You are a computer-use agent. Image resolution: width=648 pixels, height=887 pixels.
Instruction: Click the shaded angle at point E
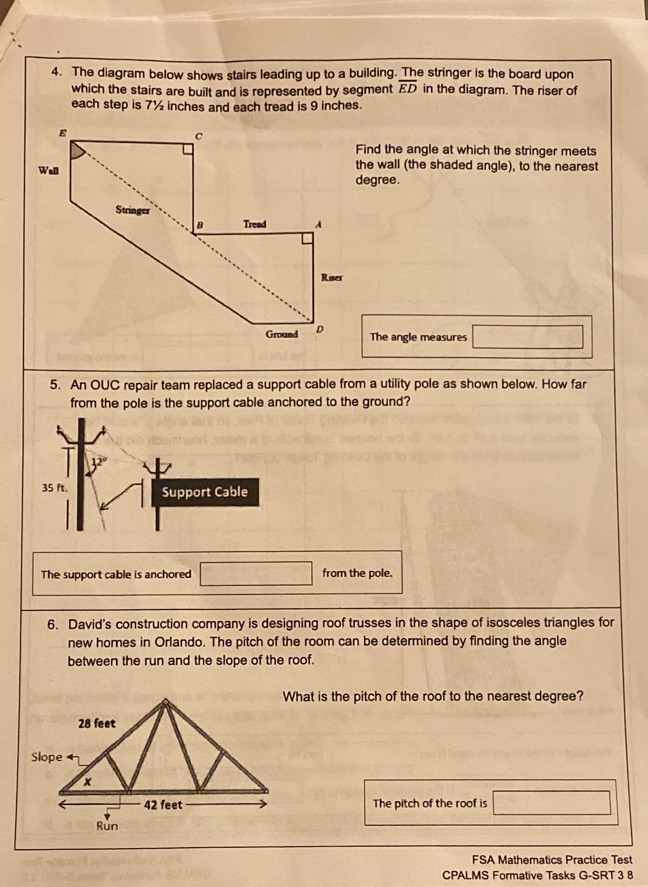click(x=76, y=152)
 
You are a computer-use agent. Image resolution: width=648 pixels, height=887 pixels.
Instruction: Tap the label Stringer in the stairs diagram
click(x=133, y=210)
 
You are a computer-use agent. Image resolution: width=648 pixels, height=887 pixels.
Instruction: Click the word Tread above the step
click(x=255, y=224)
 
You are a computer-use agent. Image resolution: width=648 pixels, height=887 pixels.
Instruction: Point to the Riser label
click(x=332, y=278)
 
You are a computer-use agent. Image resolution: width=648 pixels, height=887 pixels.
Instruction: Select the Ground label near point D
click(x=282, y=334)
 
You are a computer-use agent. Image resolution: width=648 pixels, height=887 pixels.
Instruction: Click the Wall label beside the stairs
click(x=48, y=170)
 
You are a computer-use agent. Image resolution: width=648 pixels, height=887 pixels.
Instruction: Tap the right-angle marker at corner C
click(x=188, y=149)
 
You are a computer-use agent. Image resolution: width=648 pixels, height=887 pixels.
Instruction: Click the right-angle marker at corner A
click(x=307, y=238)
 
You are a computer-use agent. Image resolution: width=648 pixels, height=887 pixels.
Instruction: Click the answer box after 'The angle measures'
click(x=528, y=337)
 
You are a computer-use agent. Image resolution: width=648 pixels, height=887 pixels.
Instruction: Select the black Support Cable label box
click(x=205, y=492)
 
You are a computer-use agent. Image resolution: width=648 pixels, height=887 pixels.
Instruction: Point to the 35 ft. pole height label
click(x=54, y=487)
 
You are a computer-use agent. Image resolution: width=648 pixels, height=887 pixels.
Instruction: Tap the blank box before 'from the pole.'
click(x=256, y=574)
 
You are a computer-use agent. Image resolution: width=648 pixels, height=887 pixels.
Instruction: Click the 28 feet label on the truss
click(x=97, y=723)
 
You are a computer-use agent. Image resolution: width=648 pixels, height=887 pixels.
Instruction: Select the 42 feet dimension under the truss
click(x=163, y=805)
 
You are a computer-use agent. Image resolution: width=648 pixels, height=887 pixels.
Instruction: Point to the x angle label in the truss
click(x=88, y=781)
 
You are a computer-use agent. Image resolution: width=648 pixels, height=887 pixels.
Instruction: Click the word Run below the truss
click(x=107, y=826)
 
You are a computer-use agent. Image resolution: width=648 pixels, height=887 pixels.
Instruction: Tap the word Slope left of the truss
click(x=46, y=757)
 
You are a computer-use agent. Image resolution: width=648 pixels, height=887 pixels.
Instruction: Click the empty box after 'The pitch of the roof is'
click(x=552, y=803)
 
